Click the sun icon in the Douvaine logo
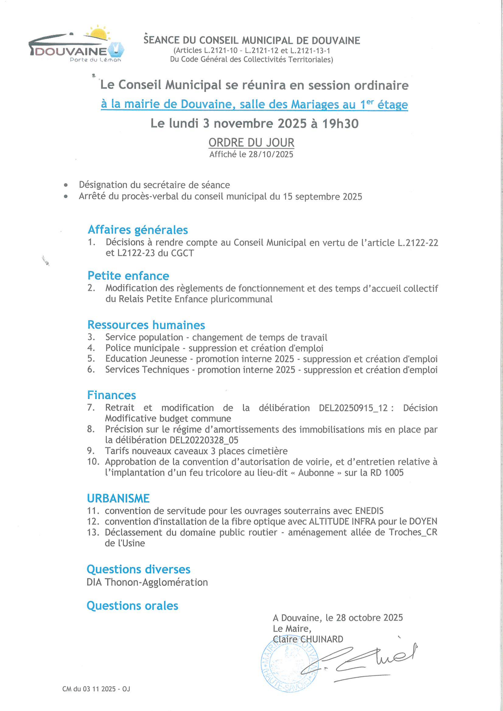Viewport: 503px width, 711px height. click(x=99, y=33)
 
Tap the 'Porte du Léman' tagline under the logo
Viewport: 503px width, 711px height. click(x=95, y=60)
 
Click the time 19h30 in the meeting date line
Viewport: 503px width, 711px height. click(x=340, y=123)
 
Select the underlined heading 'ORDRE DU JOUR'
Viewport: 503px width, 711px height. click(x=251, y=143)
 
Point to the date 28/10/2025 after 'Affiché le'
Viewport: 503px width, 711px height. click(x=271, y=154)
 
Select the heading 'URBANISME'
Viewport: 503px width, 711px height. click(x=118, y=498)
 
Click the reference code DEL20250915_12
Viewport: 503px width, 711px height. click(x=353, y=408)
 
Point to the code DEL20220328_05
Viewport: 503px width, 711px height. click(x=204, y=440)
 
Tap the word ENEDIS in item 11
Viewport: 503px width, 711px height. click(x=369, y=511)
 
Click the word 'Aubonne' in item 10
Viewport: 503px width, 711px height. click(x=316, y=473)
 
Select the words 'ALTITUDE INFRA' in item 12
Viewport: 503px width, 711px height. click(x=342, y=521)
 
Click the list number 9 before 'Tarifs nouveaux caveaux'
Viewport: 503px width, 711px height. click(x=90, y=451)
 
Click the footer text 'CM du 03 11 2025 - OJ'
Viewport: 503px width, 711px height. click(x=96, y=689)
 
